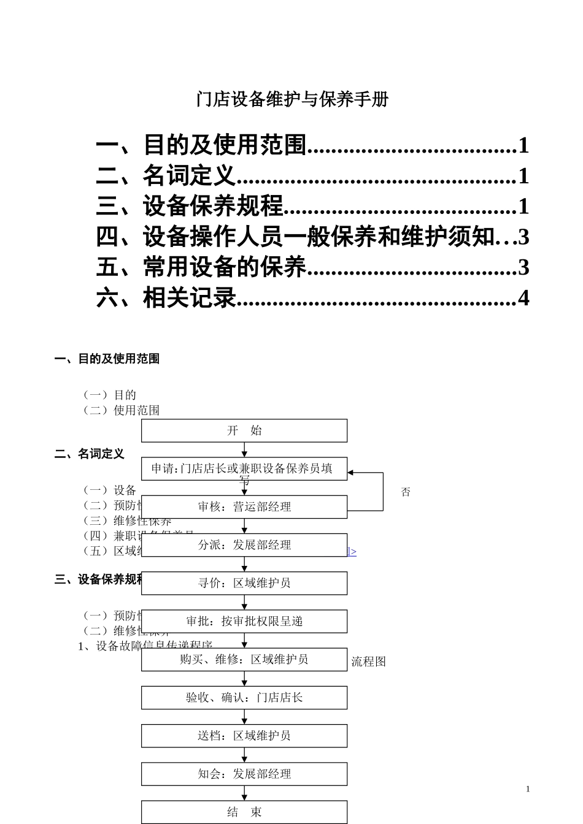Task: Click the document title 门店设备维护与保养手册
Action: coord(292,99)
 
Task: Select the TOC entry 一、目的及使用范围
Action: coord(201,145)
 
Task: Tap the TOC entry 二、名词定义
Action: coord(166,176)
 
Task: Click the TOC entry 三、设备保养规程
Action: coord(190,206)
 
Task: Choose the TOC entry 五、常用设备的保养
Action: coord(201,267)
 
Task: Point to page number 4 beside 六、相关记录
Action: coord(523,297)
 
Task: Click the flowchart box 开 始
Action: coord(244,430)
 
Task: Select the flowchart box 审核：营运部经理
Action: coord(244,507)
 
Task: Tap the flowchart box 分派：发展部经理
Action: coord(244,545)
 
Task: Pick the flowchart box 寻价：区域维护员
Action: coord(244,583)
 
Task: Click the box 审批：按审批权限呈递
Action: coord(244,621)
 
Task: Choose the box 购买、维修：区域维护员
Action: coord(244,660)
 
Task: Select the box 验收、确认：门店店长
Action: coord(244,698)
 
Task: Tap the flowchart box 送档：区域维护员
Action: coord(244,736)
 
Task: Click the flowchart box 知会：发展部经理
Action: coord(244,774)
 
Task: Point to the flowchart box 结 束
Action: coord(244,812)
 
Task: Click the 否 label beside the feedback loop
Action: coord(406,492)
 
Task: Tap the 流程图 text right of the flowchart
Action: coord(368,662)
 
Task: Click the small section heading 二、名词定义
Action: coord(90,454)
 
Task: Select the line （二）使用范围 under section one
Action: coord(121,410)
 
